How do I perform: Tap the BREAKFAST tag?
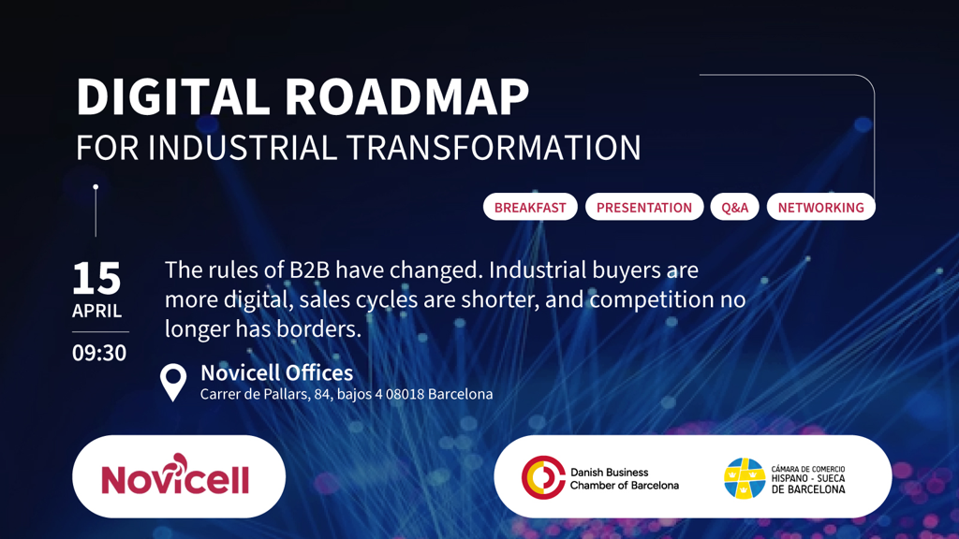[530, 207]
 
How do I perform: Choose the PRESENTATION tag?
[644, 207]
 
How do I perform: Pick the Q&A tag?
[735, 207]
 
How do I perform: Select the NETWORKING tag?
[820, 207]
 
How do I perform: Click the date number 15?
[96, 278]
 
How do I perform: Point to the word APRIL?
[97, 311]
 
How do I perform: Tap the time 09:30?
[99, 354]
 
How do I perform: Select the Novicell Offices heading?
[276, 373]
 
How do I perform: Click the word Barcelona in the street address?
[460, 394]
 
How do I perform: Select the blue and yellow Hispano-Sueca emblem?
[745, 478]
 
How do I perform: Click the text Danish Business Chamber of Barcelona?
[624, 478]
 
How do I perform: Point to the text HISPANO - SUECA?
[808, 478]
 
